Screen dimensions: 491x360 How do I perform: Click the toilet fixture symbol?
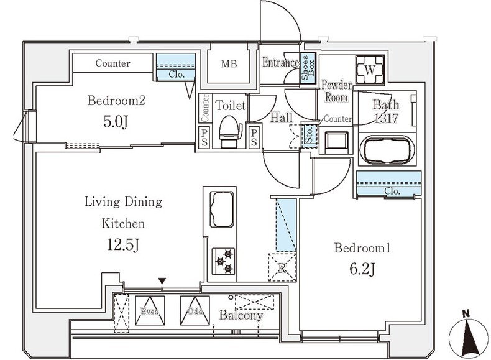pos(231,132)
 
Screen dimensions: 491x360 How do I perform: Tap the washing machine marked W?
pos(370,70)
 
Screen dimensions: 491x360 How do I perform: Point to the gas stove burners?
pos(224,261)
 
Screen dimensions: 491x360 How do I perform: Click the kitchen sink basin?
pos(222,210)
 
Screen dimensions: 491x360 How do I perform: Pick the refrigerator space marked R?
pos(282,267)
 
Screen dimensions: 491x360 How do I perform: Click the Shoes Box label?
pos(308,68)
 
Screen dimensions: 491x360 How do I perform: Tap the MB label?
pos(229,64)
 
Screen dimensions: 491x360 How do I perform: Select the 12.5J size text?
pos(123,245)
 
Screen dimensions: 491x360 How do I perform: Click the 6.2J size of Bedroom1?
pos(362,269)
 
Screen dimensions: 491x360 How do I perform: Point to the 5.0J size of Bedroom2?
pos(116,122)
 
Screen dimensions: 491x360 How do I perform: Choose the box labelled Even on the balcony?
pos(150,310)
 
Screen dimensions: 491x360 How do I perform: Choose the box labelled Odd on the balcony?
pos(195,310)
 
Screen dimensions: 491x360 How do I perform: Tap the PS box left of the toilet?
pos(204,137)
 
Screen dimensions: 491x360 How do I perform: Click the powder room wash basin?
pos(337,141)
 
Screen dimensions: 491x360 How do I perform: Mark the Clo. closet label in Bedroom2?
pos(177,75)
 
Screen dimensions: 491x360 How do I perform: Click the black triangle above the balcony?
pos(162,281)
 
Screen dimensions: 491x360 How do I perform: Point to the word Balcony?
pos(241,315)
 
